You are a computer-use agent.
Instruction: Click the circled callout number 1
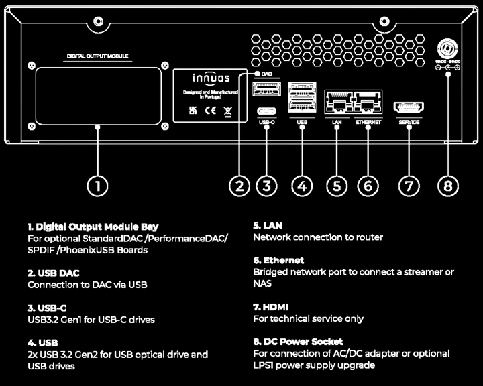pos(98,186)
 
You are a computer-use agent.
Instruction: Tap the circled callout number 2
pos(239,186)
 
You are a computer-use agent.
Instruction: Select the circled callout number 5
pos(337,186)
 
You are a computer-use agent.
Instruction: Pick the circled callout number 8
pos(449,186)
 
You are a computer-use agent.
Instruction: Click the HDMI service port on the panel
pos(409,107)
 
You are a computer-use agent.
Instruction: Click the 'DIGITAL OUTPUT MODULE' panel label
pos(98,57)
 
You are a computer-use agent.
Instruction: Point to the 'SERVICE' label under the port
pos(409,123)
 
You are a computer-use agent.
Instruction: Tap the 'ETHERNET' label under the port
pos(368,123)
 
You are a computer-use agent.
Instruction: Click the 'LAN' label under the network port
pos(337,123)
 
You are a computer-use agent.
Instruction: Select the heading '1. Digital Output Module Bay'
pos(93,227)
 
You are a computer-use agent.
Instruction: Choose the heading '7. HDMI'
pos(271,307)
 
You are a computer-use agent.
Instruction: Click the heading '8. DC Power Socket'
pos(298,342)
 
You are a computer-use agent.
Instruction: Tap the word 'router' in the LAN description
pos(368,237)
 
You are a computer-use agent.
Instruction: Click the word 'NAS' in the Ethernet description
pos(262,284)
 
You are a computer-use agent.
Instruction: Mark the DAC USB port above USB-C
pos(266,90)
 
